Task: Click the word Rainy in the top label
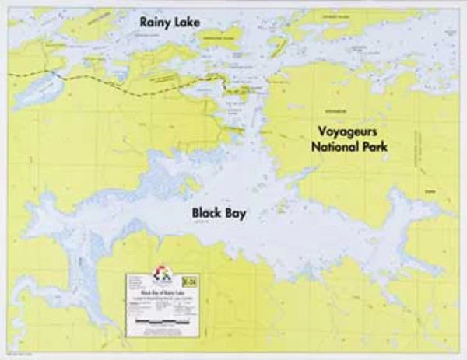[x=154, y=23]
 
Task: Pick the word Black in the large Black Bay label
[x=209, y=213]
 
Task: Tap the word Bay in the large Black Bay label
[x=235, y=213]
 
